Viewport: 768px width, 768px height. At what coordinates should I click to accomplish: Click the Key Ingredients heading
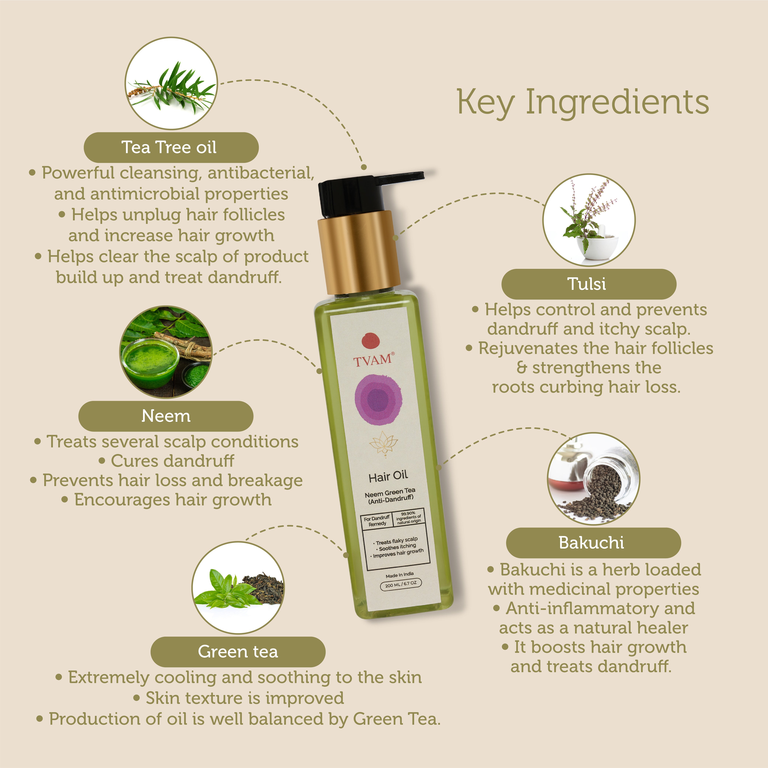click(x=583, y=103)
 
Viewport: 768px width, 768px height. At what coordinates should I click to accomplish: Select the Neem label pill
click(x=166, y=416)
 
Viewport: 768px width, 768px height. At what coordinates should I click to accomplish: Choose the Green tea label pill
click(x=238, y=652)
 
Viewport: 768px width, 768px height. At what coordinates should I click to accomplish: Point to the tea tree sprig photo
click(x=171, y=83)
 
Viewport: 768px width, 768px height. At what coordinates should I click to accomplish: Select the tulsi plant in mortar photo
click(x=589, y=220)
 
